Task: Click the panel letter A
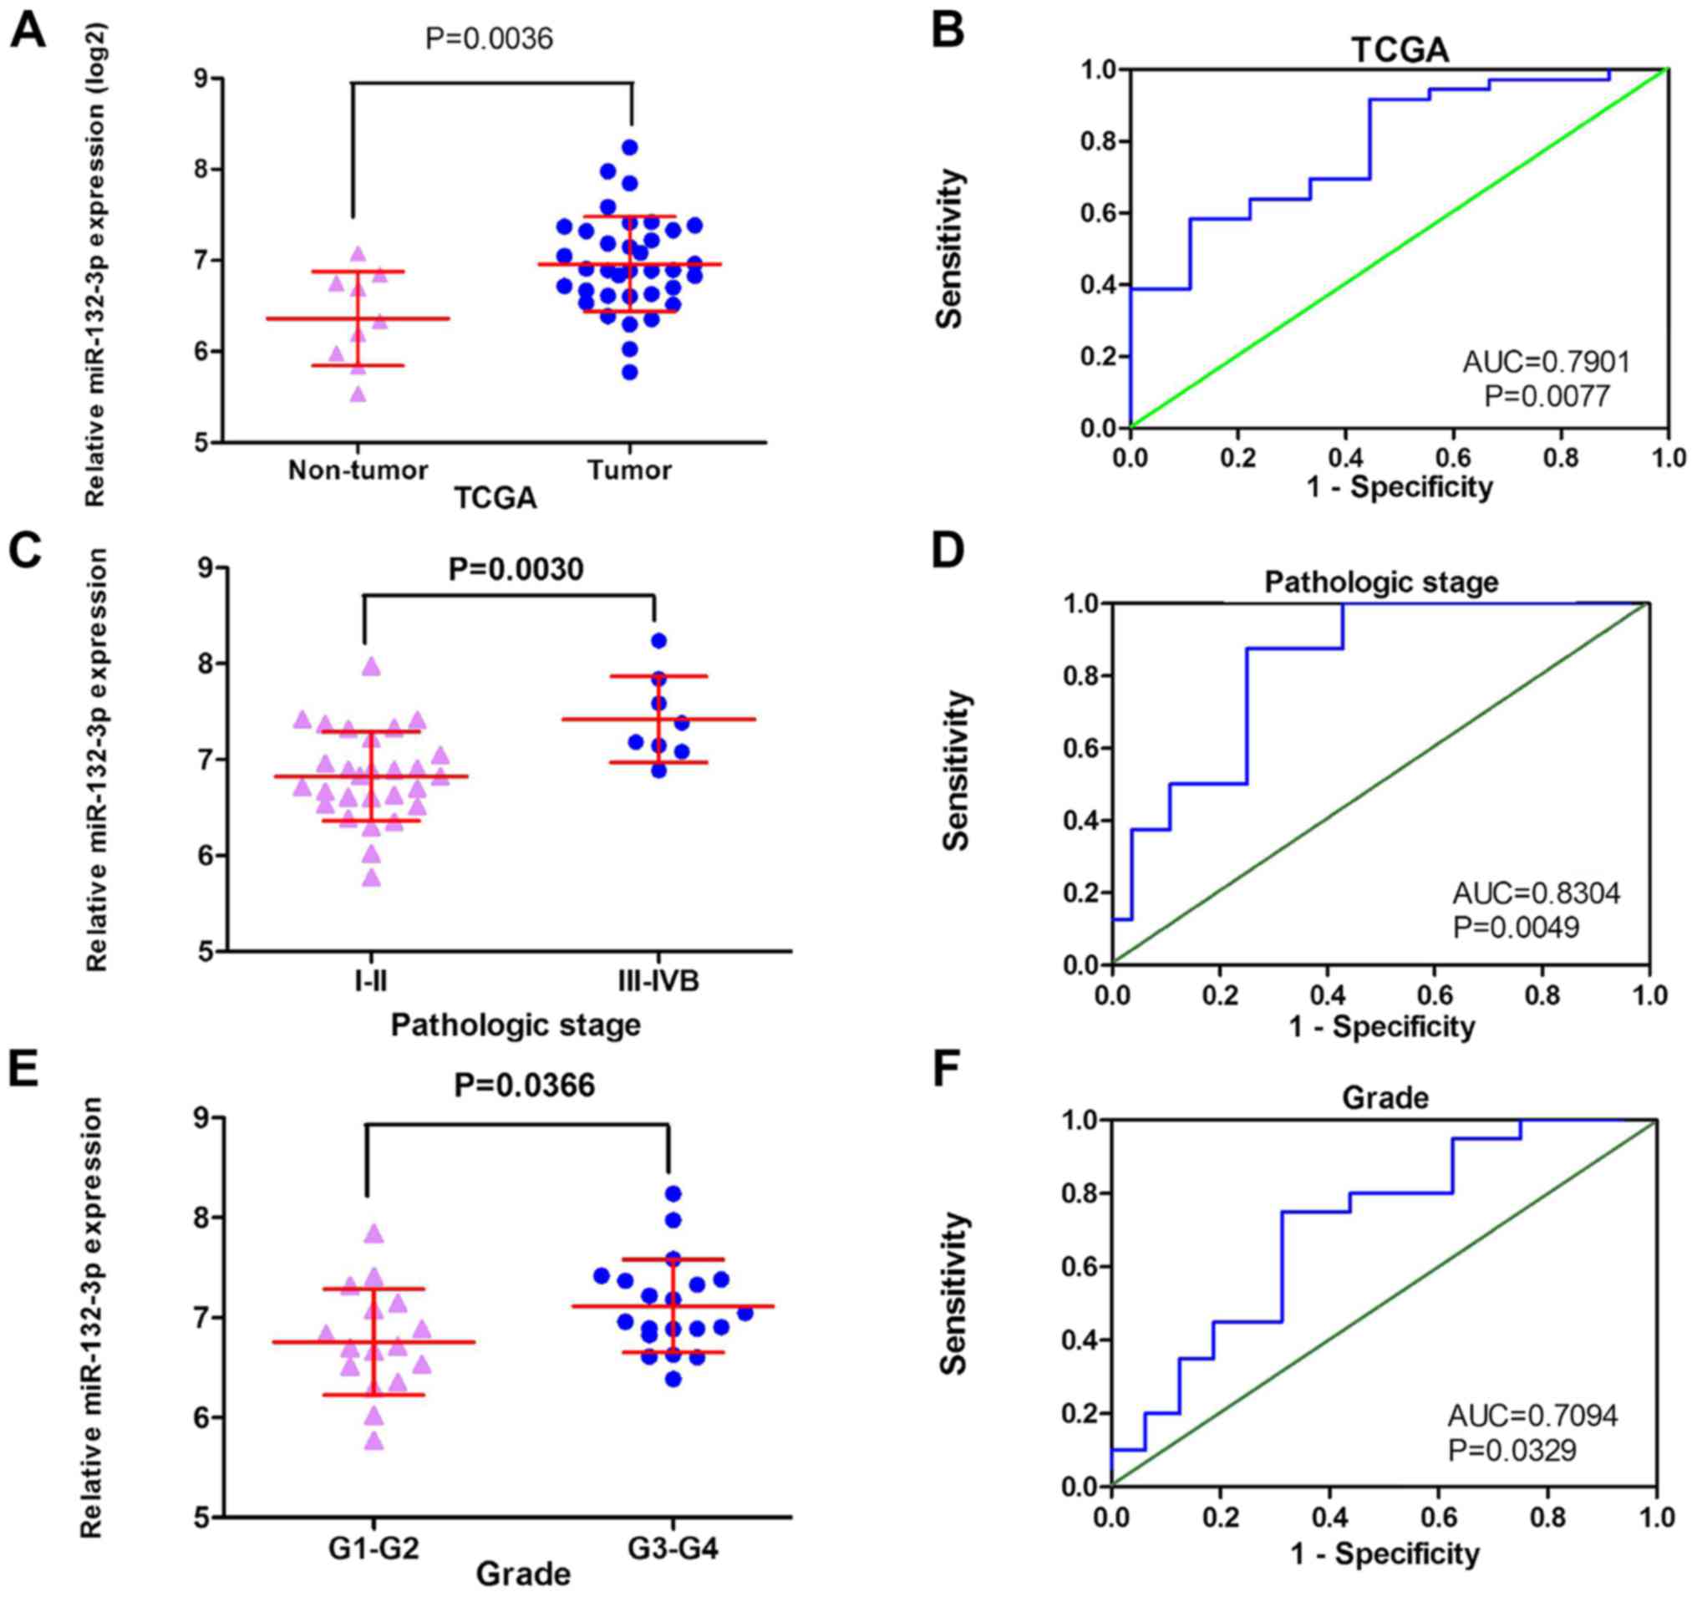tap(27, 33)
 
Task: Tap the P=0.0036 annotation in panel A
tap(489, 38)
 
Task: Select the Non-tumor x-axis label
tap(358, 470)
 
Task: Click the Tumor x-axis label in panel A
tap(629, 470)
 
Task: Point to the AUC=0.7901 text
tap(1547, 362)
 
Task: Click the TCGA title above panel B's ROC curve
tap(1400, 50)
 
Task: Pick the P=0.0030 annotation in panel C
tap(516, 569)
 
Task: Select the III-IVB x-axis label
tap(658, 982)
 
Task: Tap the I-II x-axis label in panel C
tap(370, 982)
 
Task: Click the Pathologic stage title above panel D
tap(1381, 582)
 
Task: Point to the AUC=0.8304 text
tap(1537, 893)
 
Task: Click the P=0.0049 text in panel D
tap(1516, 927)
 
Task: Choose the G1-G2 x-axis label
tap(373, 1548)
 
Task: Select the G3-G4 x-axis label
tap(673, 1548)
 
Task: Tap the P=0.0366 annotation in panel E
tap(524, 1086)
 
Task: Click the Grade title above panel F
tap(1385, 1097)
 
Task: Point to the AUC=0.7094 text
tap(1533, 1416)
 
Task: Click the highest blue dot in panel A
tap(630, 147)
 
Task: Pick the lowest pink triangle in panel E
tap(373, 1442)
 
